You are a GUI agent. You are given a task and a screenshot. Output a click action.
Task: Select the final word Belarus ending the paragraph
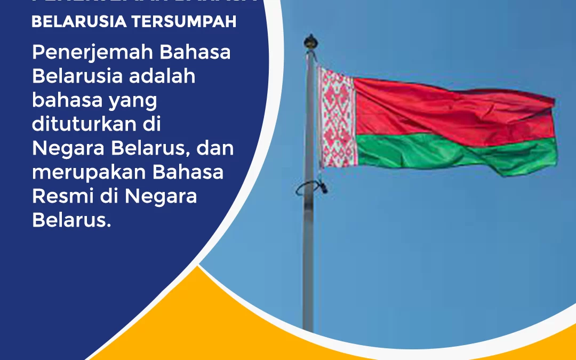[x=71, y=220]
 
